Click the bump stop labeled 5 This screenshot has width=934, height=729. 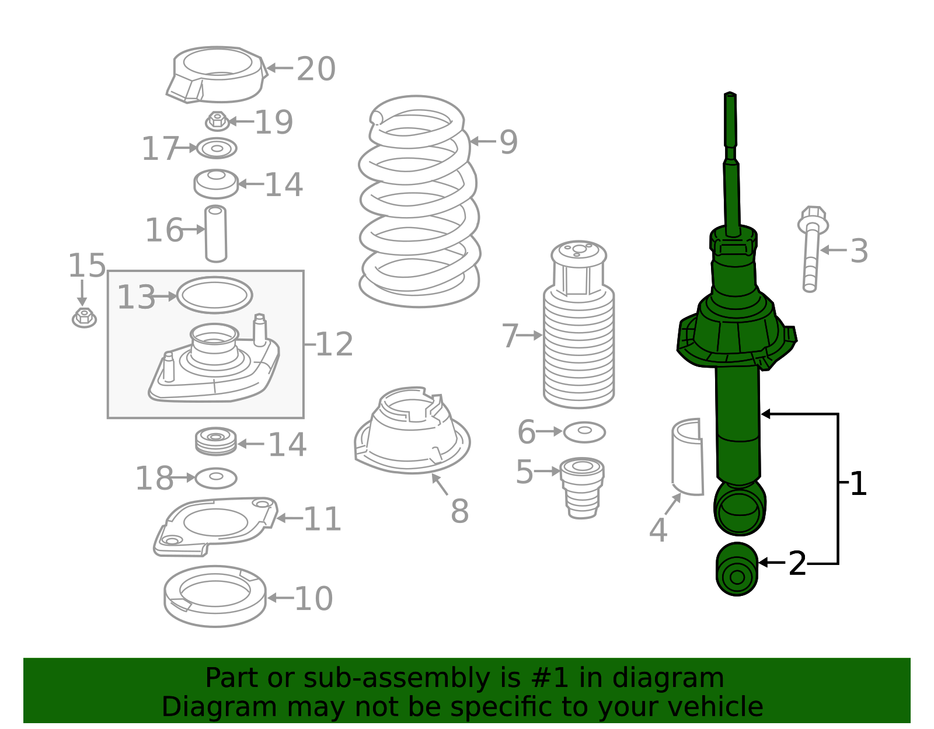pos(582,487)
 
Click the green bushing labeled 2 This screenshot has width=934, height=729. pos(737,569)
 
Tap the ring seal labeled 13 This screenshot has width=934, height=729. pos(214,295)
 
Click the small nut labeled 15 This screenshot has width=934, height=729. pos(84,318)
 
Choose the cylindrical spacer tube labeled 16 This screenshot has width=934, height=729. pos(216,233)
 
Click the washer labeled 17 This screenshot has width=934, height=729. pos(217,148)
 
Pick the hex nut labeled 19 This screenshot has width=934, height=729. pos(217,121)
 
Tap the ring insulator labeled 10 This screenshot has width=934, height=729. pos(215,596)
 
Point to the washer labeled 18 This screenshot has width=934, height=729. pos(216,478)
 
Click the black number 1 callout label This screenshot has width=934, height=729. pos(858,483)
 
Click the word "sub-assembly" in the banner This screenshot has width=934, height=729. pos(397,678)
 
